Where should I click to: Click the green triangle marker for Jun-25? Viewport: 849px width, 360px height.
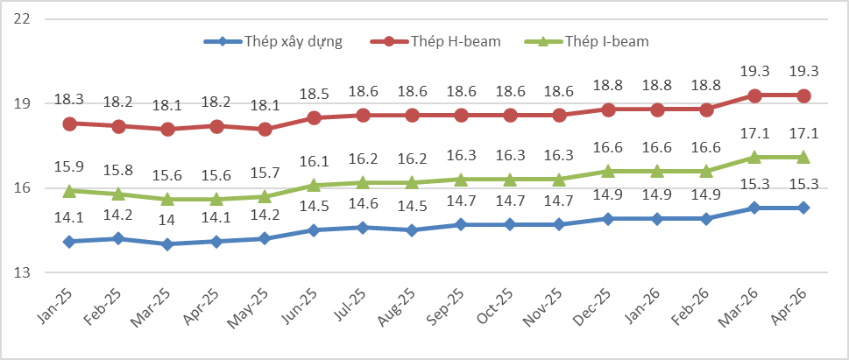pyautogui.click(x=314, y=185)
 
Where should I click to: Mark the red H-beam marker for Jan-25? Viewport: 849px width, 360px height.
pyautogui.click(x=69, y=124)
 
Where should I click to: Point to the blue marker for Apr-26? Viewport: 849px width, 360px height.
pyautogui.click(x=803, y=208)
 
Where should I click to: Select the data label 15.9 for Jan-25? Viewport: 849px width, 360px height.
pyautogui.click(x=68, y=166)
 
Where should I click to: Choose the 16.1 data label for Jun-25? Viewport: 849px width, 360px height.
pyautogui.click(x=314, y=161)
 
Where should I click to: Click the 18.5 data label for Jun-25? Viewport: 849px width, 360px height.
pyautogui.click(x=314, y=94)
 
